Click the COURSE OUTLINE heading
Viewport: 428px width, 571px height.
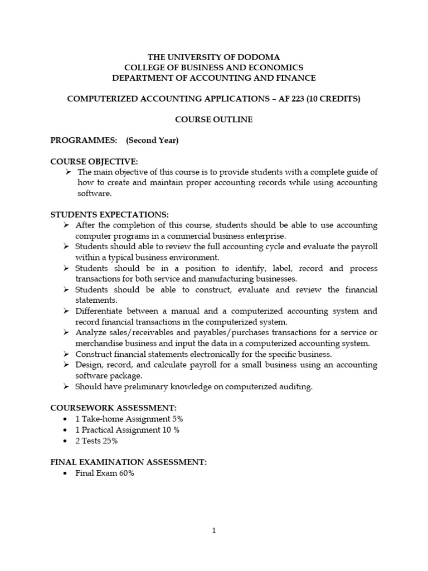click(x=213, y=119)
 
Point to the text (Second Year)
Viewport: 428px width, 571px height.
click(x=152, y=141)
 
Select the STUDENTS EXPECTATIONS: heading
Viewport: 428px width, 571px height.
click(x=109, y=215)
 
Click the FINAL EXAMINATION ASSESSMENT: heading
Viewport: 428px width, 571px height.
click(x=129, y=462)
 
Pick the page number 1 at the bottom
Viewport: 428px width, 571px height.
click(x=214, y=531)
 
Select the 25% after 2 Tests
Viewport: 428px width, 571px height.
click(x=109, y=441)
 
